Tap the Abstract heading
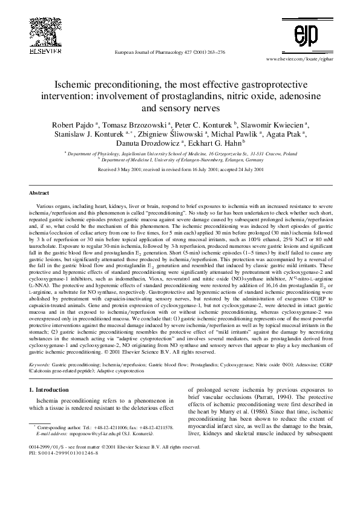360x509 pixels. point(39,193)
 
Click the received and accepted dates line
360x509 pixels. point(180,170)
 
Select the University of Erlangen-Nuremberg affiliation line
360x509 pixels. point(180,161)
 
